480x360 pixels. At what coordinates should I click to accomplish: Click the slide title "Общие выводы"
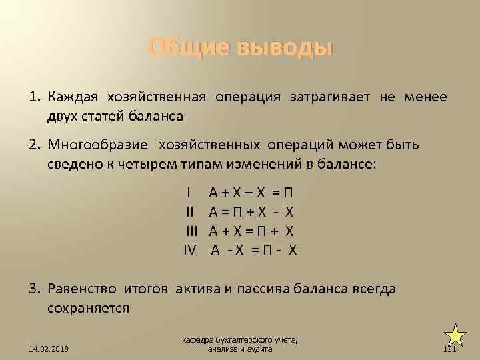(x=239, y=48)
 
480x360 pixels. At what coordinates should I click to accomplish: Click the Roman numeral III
(x=193, y=231)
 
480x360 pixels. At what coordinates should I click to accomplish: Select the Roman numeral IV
(x=191, y=250)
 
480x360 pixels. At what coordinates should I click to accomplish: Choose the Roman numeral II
(x=190, y=213)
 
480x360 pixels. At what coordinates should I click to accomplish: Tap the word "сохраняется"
(x=89, y=308)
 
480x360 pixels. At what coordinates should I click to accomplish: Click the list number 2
(x=35, y=145)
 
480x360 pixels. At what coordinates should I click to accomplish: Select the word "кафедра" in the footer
(x=198, y=341)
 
